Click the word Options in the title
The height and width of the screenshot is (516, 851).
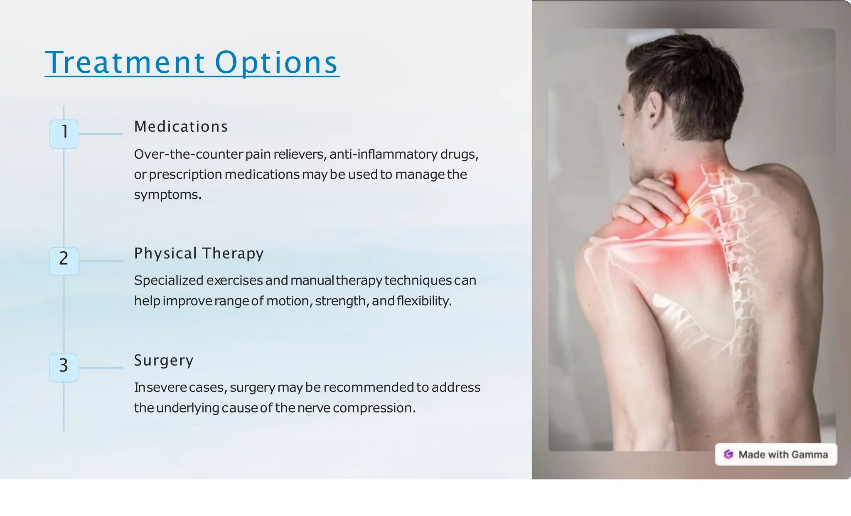276,63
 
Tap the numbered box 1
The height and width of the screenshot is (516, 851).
64,134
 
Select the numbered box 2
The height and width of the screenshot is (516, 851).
64,260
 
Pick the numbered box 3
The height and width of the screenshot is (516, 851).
64,367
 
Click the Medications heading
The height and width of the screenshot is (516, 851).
181,127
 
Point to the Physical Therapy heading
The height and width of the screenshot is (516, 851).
199,253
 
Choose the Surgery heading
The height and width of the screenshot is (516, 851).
164,360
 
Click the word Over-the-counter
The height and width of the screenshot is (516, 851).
188,155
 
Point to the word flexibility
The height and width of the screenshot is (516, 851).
423,301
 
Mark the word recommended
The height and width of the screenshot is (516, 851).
369,388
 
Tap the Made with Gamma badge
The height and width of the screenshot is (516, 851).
776,455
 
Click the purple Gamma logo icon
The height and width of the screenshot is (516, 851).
728,455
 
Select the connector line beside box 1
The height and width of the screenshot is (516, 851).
101,134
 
